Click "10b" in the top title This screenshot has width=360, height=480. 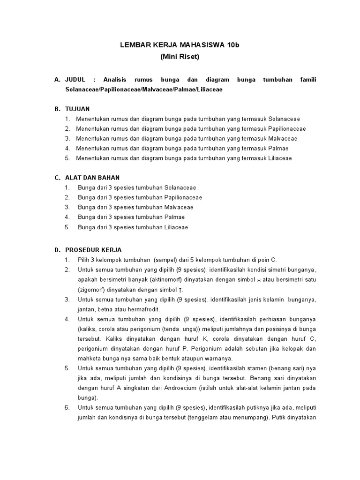(x=233, y=45)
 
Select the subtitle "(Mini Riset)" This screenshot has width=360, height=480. (x=180, y=57)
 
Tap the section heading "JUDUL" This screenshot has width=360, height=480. (x=75, y=80)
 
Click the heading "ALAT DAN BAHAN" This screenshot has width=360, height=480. (x=93, y=178)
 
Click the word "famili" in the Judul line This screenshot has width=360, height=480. (x=308, y=80)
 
